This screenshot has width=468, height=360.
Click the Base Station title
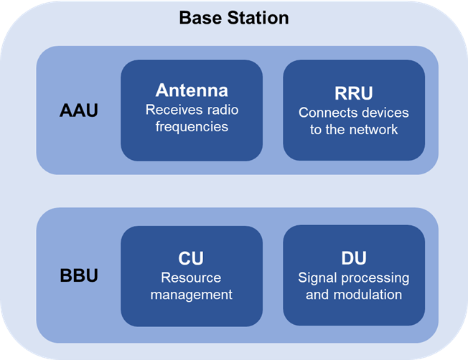click(233, 16)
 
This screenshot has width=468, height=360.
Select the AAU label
click(78, 112)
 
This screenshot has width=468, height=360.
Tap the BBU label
click(78, 275)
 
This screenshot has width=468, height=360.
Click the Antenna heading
click(192, 90)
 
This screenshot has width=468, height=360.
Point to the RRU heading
click(354, 94)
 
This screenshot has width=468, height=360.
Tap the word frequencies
click(192, 127)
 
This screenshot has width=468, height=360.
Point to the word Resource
click(191, 278)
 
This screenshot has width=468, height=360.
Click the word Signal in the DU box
click(316, 278)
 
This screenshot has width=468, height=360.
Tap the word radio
click(221, 110)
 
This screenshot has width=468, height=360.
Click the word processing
click(373, 278)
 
